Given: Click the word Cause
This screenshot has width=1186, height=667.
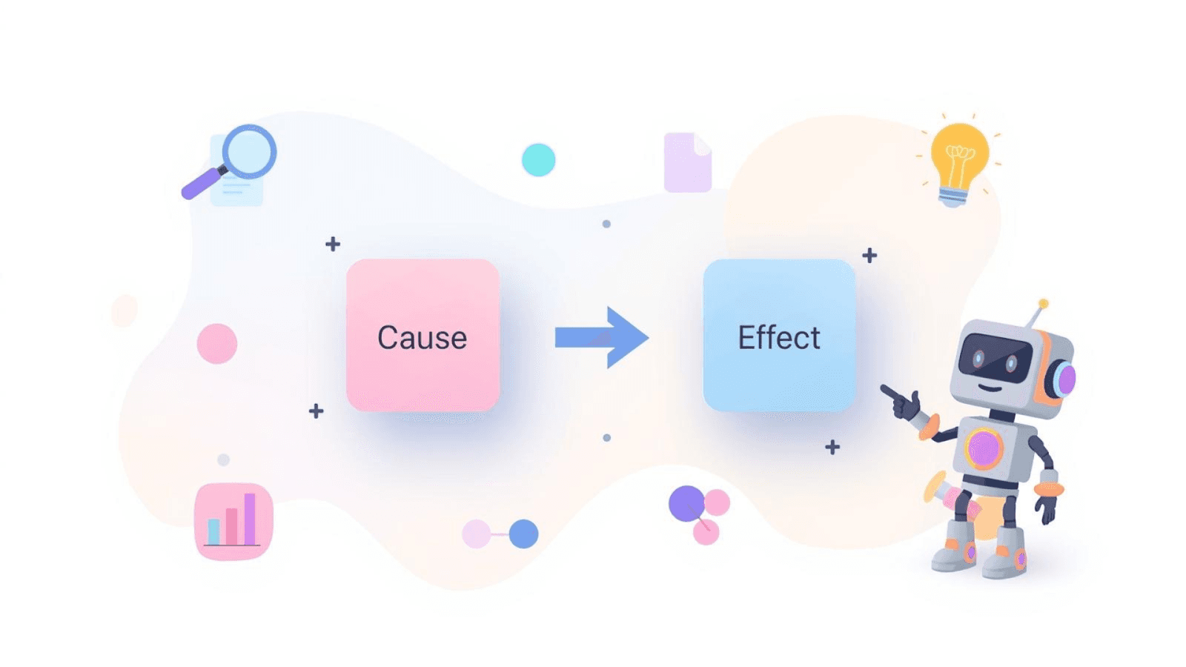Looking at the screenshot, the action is tap(422, 338).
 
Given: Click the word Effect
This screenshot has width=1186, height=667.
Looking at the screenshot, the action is tap(778, 338).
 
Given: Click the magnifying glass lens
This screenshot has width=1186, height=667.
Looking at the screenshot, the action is tap(249, 151).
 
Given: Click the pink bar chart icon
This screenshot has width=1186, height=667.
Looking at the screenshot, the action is tap(233, 521).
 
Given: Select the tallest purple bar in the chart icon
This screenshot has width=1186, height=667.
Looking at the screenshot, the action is tap(250, 519).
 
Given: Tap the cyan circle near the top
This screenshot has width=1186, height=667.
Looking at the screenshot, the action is tap(538, 160).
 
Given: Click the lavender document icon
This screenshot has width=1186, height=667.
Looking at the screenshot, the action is tap(687, 163).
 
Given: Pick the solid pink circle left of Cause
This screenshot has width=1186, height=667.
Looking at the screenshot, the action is tap(217, 343).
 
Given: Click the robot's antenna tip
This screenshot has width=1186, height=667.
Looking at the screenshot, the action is tap(1044, 304).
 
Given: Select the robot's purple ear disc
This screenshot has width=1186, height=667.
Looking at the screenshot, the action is tap(1066, 379).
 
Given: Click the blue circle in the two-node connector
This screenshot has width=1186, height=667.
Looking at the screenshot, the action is tap(523, 534).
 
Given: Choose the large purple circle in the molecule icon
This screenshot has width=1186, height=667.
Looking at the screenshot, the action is tap(686, 504).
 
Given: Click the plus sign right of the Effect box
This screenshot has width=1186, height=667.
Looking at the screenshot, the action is tap(869, 256).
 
